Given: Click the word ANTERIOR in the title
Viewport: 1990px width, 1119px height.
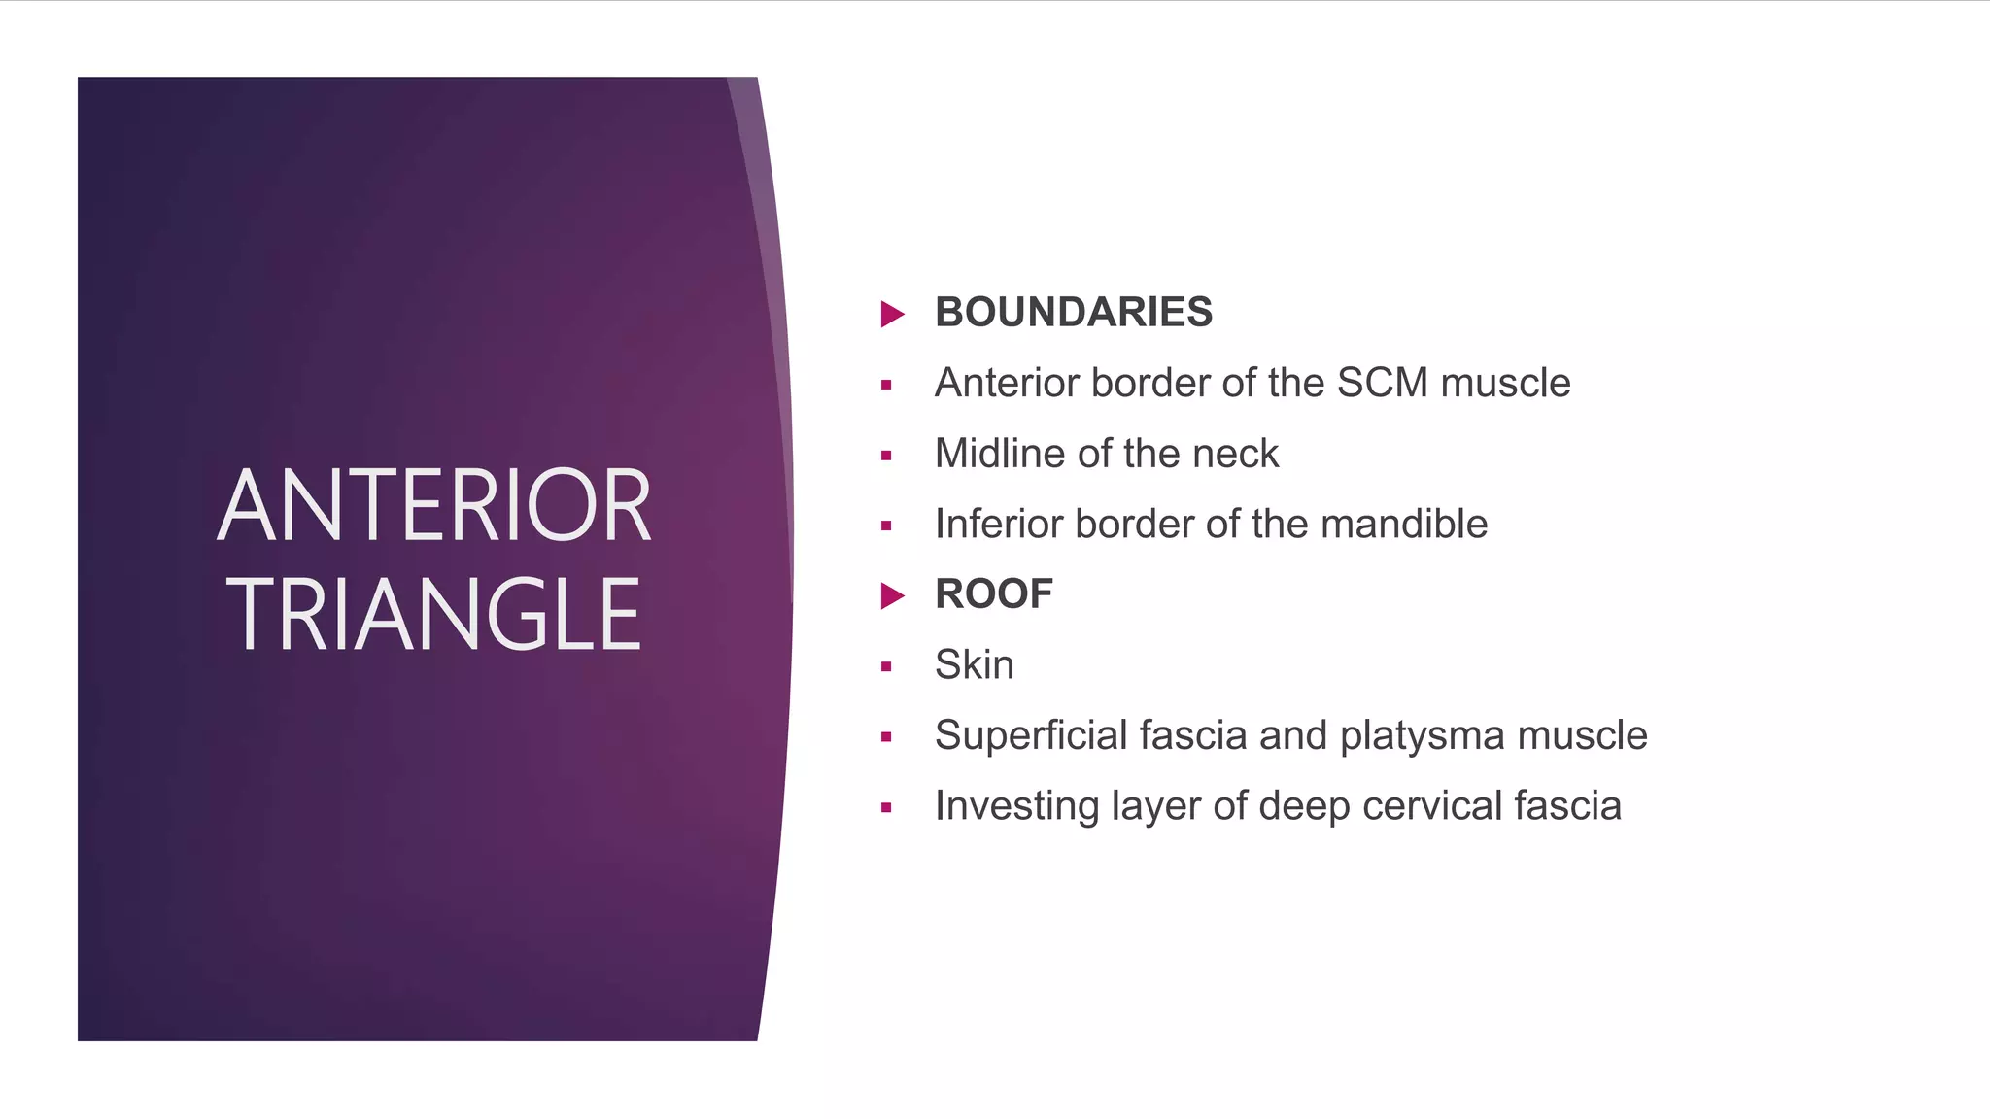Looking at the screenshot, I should pos(434,506).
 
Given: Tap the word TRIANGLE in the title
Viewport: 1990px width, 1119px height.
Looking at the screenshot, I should pos(434,614).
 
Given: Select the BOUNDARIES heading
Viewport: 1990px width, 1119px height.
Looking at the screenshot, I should pos(1073,313).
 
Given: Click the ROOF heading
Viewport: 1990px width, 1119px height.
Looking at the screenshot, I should pos(993,594).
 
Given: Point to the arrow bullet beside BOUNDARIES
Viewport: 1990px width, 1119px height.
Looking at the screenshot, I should pos(892,314).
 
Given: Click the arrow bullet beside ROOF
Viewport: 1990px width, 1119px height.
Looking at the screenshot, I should pos(892,595).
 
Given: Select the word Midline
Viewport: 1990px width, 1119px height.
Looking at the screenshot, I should pos(999,454).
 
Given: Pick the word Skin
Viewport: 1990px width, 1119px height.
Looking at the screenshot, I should pos(974,665).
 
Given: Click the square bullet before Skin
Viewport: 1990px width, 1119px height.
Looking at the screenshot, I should pos(886,666).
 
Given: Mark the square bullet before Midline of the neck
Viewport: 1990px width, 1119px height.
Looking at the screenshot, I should pos(886,456).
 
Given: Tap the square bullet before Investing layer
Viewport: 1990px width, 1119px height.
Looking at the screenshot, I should pos(886,807).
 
